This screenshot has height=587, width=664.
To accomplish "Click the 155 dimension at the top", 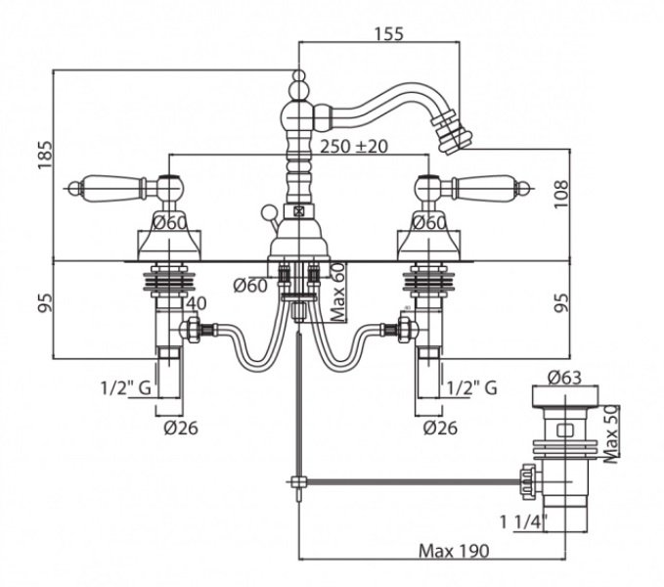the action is (389, 34).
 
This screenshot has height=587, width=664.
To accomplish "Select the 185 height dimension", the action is (46, 155).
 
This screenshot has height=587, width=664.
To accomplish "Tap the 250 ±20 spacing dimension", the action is (354, 147).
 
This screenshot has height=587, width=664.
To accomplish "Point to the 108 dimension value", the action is (561, 194).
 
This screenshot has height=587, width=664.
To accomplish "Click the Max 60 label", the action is (338, 292).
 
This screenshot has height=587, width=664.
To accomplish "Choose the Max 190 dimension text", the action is (454, 551).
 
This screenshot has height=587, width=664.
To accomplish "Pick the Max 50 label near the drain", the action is (611, 434).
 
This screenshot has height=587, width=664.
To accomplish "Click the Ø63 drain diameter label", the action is (564, 377).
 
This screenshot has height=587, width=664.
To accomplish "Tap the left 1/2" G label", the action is (126, 387).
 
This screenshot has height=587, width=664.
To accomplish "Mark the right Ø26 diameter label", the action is (440, 428).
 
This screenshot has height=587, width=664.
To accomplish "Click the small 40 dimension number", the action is (197, 303).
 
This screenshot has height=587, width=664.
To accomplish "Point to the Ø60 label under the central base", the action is (250, 286).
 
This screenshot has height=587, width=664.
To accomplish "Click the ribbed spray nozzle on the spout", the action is (452, 134).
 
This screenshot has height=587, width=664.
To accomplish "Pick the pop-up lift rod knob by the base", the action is (268, 211).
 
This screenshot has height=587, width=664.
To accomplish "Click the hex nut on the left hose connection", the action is (193, 329).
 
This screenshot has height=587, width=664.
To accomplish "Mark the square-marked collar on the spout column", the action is (299, 210).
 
